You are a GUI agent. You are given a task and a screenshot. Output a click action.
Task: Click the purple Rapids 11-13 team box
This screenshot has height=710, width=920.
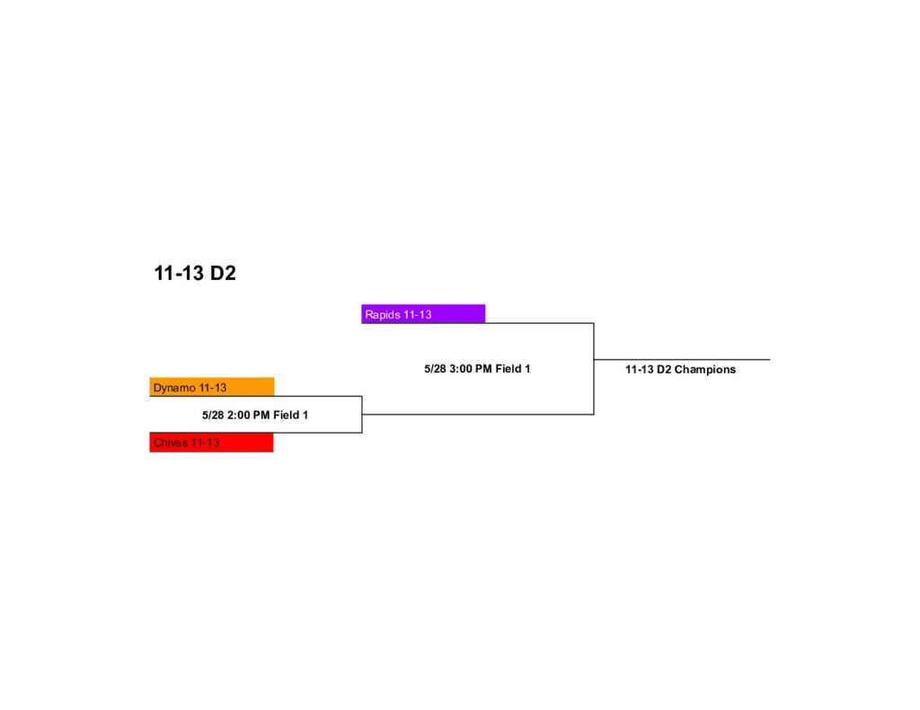(x=423, y=313)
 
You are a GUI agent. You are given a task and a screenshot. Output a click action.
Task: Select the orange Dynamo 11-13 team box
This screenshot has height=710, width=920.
(x=212, y=387)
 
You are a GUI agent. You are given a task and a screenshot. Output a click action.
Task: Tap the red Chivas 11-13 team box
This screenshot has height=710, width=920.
(x=211, y=442)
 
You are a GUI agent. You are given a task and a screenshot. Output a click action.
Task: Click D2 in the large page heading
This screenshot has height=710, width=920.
(x=223, y=273)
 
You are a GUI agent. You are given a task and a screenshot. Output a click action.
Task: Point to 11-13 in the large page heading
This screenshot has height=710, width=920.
(x=179, y=273)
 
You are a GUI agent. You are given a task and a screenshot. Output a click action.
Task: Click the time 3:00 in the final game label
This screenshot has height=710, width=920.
(x=462, y=369)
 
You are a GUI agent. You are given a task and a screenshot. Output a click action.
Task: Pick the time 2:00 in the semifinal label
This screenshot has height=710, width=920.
(x=239, y=415)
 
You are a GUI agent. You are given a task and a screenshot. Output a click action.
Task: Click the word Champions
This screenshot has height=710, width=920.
(x=704, y=370)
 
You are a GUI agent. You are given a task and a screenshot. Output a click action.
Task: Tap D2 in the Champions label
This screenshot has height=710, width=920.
(x=664, y=370)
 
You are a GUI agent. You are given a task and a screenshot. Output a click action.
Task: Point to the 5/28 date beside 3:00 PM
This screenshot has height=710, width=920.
(x=436, y=369)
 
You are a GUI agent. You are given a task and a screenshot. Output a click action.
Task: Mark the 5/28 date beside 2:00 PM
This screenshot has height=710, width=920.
(x=213, y=415)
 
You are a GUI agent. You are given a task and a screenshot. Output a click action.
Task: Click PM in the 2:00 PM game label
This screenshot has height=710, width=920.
(x=261, y=415)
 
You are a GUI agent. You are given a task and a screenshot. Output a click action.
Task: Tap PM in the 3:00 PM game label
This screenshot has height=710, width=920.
(x=484, y=369)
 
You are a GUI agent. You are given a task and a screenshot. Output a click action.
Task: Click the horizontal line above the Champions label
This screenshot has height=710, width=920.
(x=682, y=359)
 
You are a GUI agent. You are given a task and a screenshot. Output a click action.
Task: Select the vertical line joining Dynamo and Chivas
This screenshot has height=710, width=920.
(x=362, y=415)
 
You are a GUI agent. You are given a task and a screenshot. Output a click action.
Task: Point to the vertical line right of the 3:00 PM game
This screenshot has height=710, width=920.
(x=594, y=369)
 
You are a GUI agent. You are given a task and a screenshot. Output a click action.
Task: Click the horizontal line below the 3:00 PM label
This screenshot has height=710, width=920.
(x=478, y=415)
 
